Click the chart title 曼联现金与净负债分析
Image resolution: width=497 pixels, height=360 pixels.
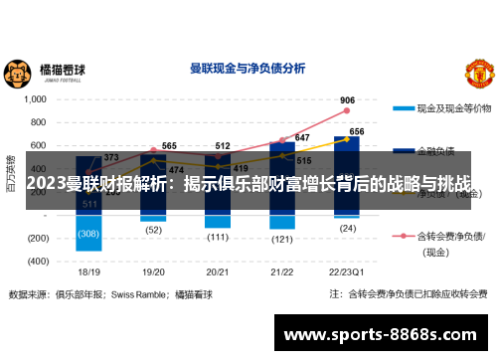[x=247, y=70]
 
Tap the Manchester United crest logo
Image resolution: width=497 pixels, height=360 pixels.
[x=478, y=72]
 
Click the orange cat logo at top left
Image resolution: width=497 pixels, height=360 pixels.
[x=16, y=72]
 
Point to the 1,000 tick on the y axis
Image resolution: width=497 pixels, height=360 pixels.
[x=35, y=99]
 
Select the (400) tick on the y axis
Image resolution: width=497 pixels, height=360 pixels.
[x=37, y=261]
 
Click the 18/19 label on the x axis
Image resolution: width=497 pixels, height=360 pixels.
[x=89, y=270]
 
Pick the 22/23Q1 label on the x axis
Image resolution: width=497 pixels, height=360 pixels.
[x=347, y=270]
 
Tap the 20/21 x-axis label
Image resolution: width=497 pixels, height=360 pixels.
[x=218, y=270]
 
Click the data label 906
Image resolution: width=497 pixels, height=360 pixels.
[x=347, y=99]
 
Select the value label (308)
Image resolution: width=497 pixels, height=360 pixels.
[x=89, y=235]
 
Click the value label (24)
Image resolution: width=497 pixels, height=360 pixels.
[x=347, y=228]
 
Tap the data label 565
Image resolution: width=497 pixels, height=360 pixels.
[x=169, y=146]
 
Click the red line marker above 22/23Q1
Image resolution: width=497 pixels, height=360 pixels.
[x=347, y=109]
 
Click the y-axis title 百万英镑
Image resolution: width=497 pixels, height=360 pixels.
[x=11, y=171]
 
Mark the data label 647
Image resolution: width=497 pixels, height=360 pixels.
[x=302, y=137]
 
